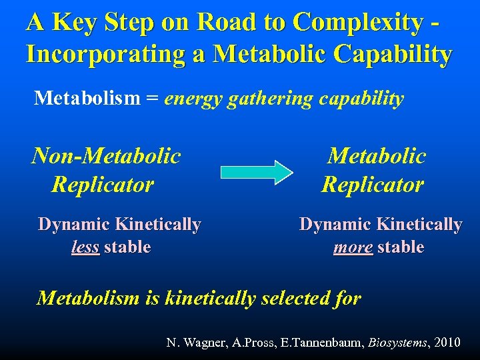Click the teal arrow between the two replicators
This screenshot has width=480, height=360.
256,171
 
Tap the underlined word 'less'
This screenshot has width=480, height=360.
85,247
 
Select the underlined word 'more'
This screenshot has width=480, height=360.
353,247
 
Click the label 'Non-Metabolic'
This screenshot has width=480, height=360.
106,156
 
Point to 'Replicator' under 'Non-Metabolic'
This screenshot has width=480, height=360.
103,184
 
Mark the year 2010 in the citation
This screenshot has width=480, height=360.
446,343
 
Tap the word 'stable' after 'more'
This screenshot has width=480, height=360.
401,247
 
